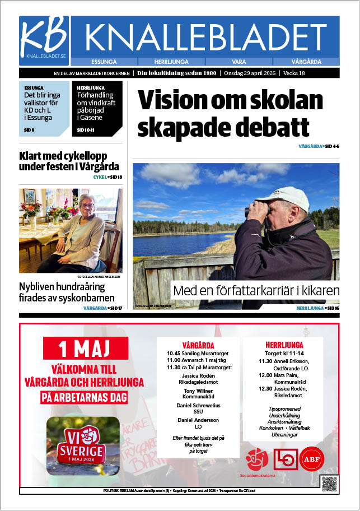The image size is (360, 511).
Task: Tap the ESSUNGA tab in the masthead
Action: pyautogui.click(x=106, y=61)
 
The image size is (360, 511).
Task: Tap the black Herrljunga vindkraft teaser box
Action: pyautogui.click(x=97, y=109)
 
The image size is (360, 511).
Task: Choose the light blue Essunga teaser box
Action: pyautogui.click(x=44, y=109)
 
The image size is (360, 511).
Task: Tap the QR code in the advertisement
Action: pyautogui.click(x=329, y=484)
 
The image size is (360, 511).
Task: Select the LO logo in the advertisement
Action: pyautogui.click(x=284, y=459)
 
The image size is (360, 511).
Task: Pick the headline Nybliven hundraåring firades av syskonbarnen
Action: pyautogui.click(x=67, y=292)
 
